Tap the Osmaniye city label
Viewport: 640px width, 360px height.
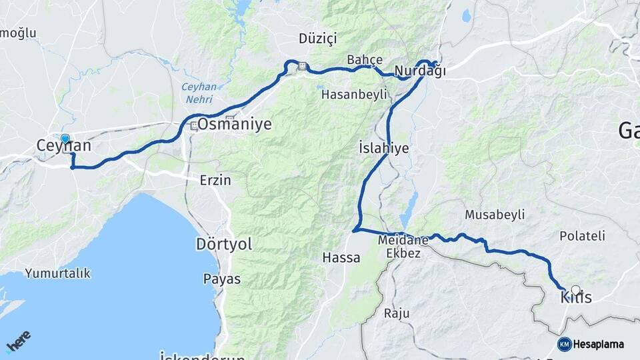click(229, 125)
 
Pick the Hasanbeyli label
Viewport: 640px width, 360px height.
click(354, 95)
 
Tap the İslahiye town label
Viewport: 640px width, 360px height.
click(383, 147)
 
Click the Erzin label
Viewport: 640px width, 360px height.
click(215, 180)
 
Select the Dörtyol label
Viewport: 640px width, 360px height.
click(224, 244)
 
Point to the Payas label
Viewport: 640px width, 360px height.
click(221, 279)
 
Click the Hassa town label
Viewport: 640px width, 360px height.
click(341, 257)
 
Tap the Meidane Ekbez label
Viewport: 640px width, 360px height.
click(401, 246)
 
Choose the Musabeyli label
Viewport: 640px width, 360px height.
click(495, 215)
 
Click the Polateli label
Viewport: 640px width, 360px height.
click(582, 235)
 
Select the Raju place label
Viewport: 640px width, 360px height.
click(396, 313)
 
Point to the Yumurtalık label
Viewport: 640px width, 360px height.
click(57, 273)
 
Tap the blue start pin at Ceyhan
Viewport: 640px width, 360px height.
click(65, 139)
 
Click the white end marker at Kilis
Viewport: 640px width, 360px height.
click(576, 291)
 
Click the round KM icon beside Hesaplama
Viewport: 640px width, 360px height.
click(565, 344)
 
